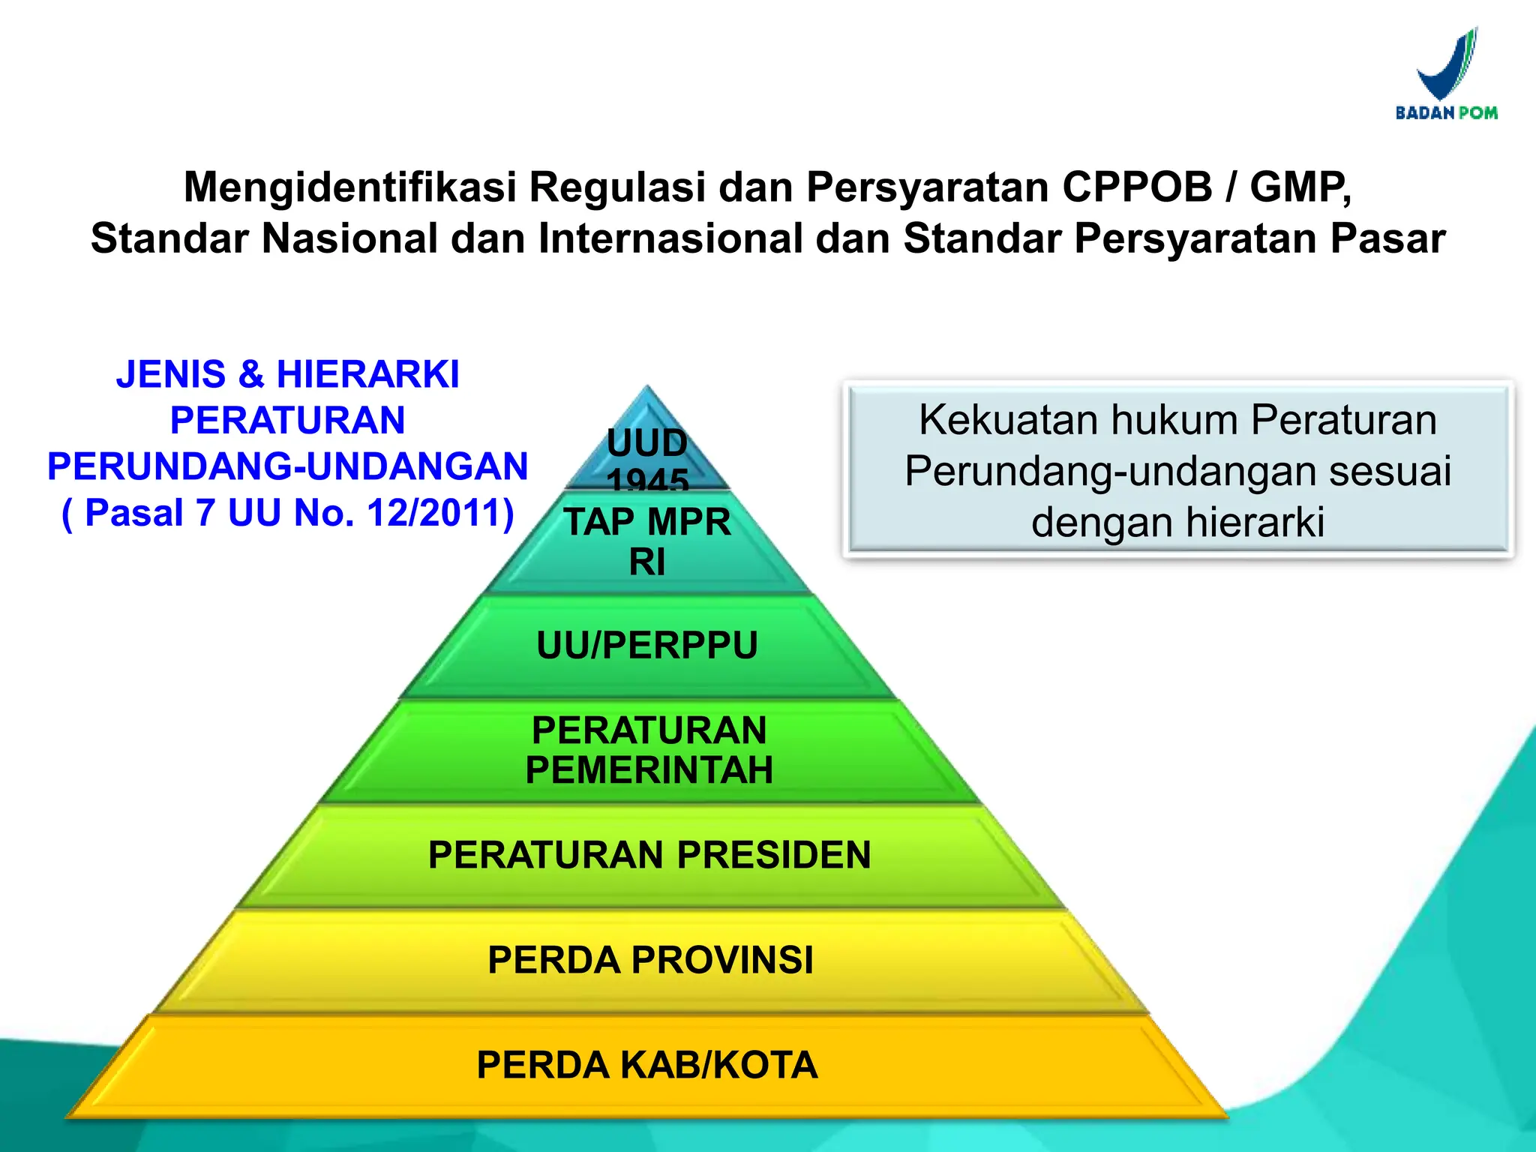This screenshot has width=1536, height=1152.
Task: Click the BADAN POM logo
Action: (x=1446, y=75)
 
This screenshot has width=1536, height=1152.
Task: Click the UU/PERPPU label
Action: (x=647, y=646)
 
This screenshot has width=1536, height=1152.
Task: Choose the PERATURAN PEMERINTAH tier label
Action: (x=649, y=750)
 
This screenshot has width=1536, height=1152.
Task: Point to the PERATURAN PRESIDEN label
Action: (x=649, y=855)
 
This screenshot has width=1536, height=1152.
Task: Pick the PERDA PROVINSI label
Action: (x=650, y=960)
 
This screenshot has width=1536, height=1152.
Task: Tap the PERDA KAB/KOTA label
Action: (x=647, y=1065)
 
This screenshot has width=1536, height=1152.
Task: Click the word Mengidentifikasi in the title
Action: (x=350, y=187)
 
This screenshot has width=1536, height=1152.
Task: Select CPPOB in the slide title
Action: (x=1136, y=187)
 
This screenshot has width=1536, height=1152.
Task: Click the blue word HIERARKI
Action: (x=367, y=374)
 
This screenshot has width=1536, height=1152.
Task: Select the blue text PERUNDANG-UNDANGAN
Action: (x=287, y=466)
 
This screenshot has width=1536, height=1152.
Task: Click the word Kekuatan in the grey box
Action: (x=1007, y=420)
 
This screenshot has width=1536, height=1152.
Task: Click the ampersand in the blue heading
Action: (x=251, y=374)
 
